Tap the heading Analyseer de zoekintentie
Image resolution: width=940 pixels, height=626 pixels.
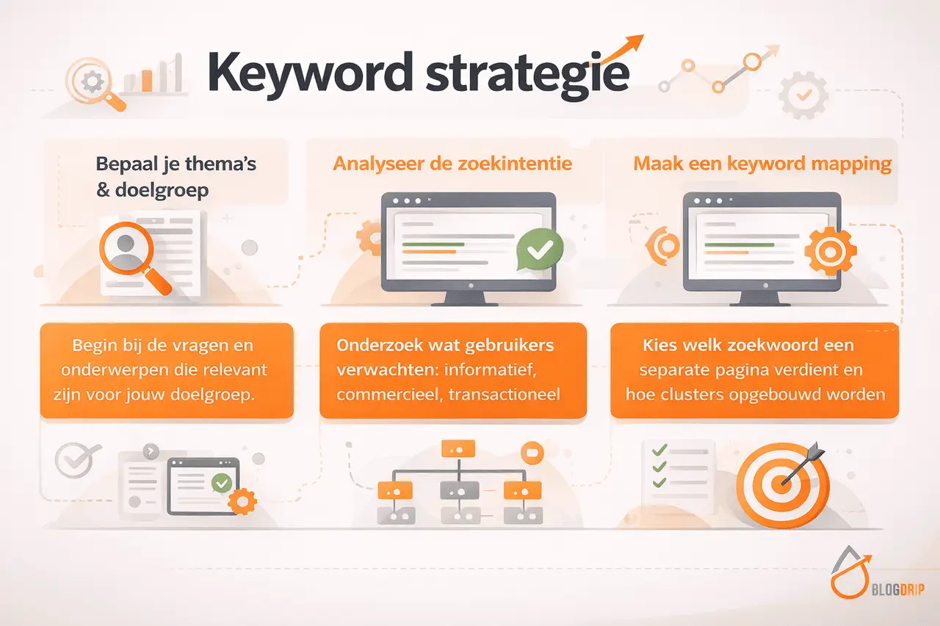click(x=452, y=163)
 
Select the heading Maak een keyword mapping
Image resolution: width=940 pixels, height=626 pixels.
click(x=762, y=163)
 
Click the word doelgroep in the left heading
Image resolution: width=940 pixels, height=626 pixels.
click(x=162, y=190)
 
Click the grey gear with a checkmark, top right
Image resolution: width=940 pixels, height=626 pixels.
click(x=803, y=95)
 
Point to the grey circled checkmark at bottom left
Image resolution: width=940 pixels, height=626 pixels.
click(x=74, y=461)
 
